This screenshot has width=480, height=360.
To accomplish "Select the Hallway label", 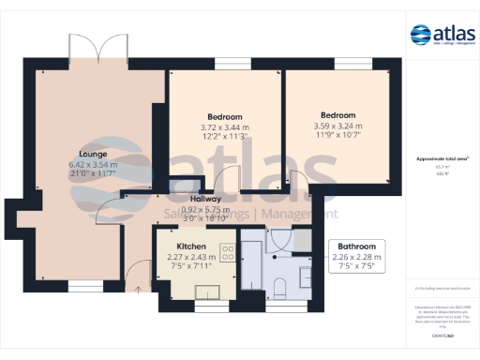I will click(205, 199).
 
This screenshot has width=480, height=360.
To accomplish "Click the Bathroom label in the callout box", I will click(357, 247).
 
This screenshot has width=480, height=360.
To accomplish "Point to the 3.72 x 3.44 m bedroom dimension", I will click(225, 127).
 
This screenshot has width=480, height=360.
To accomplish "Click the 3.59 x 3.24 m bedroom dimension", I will click(337, 126).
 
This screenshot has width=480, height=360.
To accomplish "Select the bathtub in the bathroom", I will click(252, 267).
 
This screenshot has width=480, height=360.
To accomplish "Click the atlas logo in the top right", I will click(442, 37).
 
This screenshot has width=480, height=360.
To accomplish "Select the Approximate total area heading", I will click(442, 159).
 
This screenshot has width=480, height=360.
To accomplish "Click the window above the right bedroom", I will click(346, 66).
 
